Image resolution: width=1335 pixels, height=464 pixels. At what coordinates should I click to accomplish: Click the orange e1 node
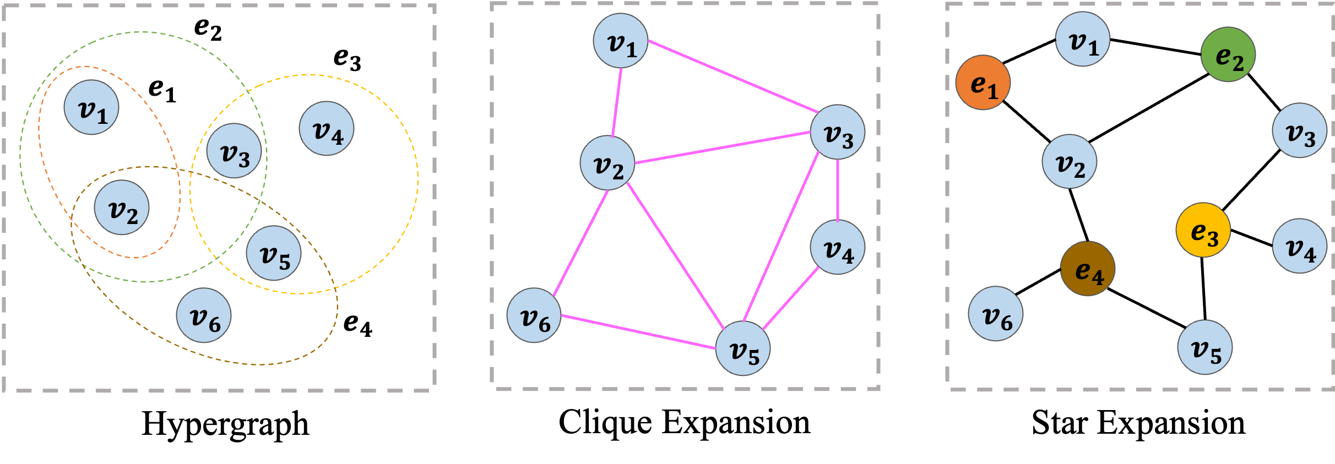[983, 83]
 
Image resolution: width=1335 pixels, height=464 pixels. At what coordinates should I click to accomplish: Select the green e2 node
[1228, 54]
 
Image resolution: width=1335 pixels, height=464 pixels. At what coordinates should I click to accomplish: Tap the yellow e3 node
[1203, 230]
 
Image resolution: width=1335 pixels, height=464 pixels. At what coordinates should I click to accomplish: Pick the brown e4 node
[1088, 269]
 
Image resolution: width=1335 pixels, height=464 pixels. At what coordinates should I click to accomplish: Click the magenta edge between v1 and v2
[616, 102]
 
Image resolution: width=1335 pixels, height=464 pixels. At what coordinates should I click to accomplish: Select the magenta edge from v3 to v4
[838, 190]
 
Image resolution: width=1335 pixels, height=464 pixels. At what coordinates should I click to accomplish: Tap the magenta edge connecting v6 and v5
[639, 332]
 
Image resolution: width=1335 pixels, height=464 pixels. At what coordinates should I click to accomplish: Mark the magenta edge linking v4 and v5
[791, 298]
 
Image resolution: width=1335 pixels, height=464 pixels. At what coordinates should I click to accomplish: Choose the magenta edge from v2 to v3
[723, 148]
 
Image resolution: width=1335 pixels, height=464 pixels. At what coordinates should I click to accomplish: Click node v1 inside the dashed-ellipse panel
[91, 108]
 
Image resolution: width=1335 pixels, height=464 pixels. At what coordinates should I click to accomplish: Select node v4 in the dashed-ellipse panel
[327, 129]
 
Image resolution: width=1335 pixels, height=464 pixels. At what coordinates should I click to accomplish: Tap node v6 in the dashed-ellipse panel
[204, 315]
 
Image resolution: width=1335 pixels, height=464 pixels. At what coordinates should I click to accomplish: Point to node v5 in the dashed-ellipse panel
[274, 253]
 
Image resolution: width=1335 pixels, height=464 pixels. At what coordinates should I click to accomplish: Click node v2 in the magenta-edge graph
[607, 163]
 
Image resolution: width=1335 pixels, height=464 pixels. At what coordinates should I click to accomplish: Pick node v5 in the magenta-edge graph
[743, 348]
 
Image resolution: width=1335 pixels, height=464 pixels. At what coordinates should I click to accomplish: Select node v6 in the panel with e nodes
[996, 314]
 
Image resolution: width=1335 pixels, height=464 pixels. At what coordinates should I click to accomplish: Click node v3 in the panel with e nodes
[1300, 131]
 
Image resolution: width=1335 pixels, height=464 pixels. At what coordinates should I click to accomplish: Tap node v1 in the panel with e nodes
[1083, 40]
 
